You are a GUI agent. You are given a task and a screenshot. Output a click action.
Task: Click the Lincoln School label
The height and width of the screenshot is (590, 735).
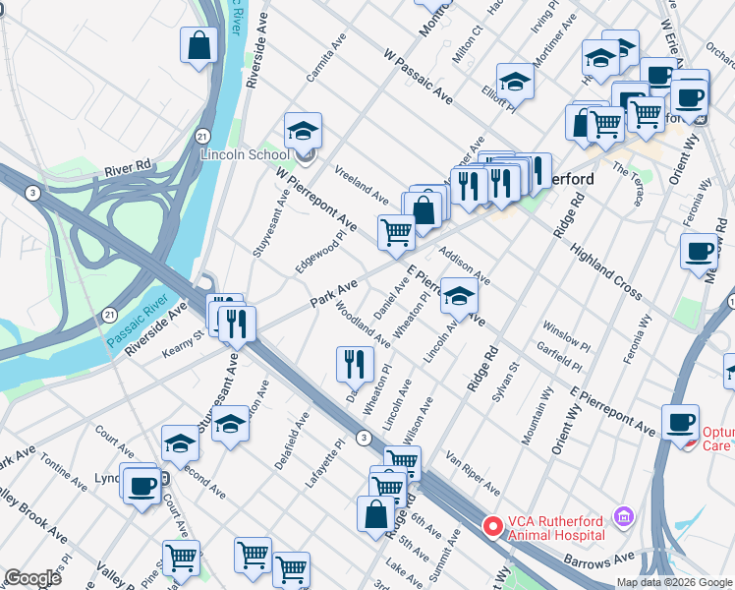tap(245, 154)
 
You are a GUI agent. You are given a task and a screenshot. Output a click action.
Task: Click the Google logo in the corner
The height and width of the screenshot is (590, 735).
tap(31, 578)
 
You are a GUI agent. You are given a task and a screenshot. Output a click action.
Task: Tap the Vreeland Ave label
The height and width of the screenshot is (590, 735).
tap(362, 180)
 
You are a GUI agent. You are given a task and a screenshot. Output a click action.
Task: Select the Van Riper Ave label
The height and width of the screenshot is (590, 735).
tap(474, 471)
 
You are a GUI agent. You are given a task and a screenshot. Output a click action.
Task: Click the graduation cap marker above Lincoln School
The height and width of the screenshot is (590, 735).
tap(304, 129)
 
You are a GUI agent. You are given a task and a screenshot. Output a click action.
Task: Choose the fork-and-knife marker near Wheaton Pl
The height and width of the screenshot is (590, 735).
tap(354, 363)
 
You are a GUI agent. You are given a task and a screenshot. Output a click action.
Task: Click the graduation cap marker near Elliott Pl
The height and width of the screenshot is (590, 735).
tap(514, 82)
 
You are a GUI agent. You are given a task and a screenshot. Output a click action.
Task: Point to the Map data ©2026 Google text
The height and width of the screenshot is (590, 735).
tap(675, 582)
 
